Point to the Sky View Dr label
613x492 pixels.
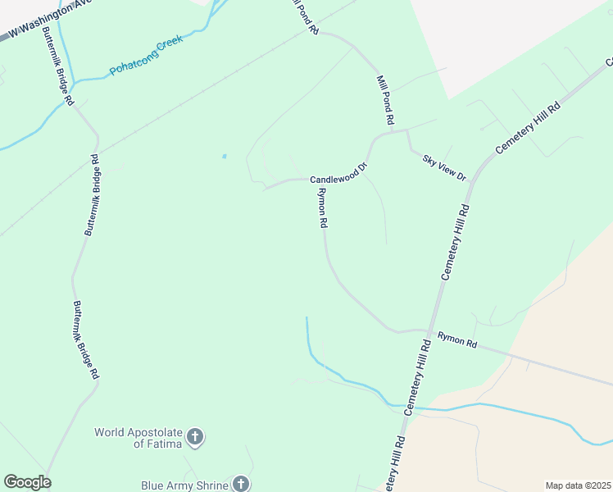443,166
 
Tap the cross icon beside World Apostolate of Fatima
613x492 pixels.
195,437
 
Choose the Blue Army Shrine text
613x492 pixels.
184,485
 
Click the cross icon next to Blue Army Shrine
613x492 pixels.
241,485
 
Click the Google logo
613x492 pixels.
27,482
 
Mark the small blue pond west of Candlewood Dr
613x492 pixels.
224,156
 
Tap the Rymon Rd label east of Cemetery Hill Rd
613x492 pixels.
457,339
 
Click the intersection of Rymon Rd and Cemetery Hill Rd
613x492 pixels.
428,331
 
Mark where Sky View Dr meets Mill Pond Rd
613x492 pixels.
406,130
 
